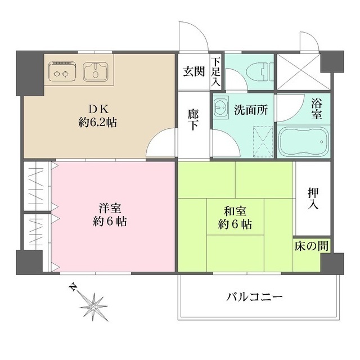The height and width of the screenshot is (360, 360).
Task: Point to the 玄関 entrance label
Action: coord(192,71)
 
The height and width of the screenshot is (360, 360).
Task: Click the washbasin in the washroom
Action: coord(221,106)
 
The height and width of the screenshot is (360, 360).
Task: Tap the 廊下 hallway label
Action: coord(193,118)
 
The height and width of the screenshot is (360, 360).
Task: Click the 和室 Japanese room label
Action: coord(235,212)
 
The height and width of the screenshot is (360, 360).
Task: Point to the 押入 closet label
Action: coord(313,198)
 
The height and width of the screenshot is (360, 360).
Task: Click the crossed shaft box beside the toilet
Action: coord(299,70)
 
